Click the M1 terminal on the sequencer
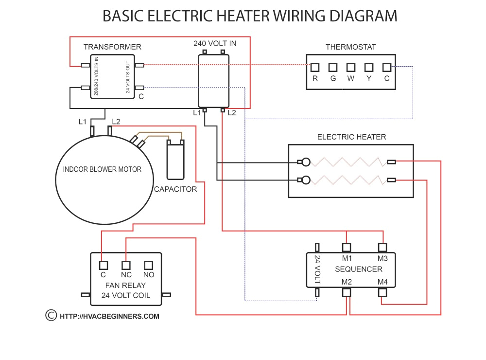click(x=347, y=248)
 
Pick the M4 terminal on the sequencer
click(x=382, y=292)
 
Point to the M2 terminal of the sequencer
click(x=347, y=292)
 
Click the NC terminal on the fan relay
click(x=126, y=266)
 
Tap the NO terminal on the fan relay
click(x=148, y=266)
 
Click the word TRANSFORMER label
click(x=112, y=47)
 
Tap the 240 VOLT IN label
click(x=215, y=43)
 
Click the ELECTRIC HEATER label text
click(x=351, y=137)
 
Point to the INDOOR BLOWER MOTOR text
click(x=102, y=170)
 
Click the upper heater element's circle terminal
click(x=306, y=162)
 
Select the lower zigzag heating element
click(x=347, y=180)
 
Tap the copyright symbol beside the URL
click(x=50, y=315)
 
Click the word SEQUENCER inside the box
click(x=359, y=269)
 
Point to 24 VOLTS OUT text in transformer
click(x=128, y=78)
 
